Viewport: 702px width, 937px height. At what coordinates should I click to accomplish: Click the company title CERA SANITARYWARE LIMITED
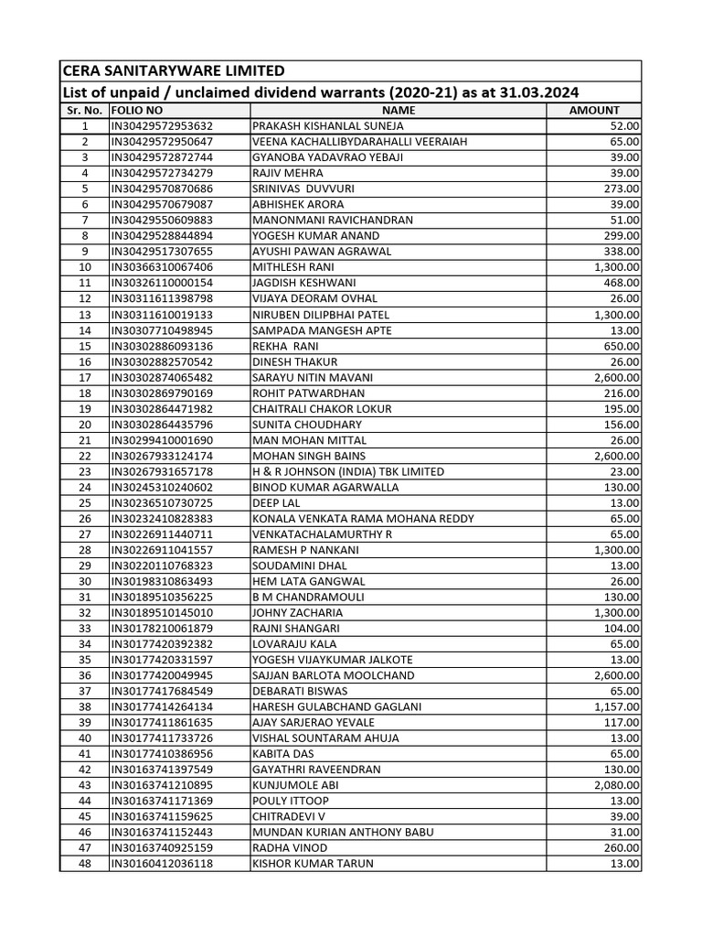coord(173,70)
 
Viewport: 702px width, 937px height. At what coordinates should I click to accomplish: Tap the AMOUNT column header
coord(594,110)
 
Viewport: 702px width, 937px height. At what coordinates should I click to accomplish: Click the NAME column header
coord(398,110)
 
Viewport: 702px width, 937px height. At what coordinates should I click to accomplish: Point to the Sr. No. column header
coord(84,110)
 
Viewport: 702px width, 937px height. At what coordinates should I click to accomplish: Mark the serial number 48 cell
coord(84,864)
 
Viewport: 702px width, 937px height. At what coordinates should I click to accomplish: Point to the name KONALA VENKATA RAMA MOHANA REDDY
coord(363,519)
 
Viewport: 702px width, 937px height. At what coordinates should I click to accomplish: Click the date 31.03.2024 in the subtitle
coord(538,92)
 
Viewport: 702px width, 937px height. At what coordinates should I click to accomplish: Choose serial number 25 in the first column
coord(84,503)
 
